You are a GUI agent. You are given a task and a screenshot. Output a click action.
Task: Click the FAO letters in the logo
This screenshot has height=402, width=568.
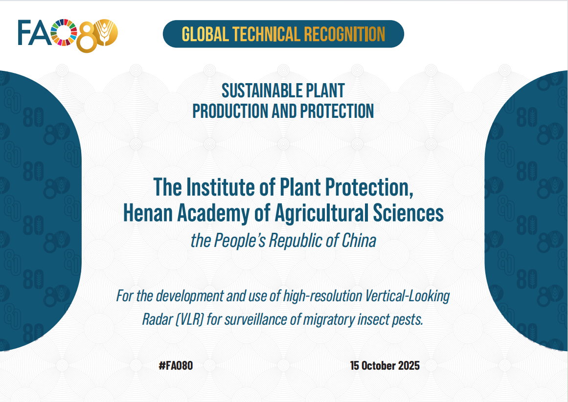(x=34, y=33)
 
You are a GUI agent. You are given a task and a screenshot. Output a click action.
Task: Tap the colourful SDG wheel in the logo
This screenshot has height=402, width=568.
(x=64, y=33)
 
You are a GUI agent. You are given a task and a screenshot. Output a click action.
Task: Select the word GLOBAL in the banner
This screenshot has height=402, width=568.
(x=205, y=34)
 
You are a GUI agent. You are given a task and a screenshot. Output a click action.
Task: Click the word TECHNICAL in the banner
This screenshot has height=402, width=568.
(x=266, y=34)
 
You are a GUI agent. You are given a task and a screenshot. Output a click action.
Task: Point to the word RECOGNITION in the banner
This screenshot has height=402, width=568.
(x=344, y=34)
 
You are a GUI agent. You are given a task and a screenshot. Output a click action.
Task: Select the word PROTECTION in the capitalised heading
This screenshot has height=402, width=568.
(x=337, y=111)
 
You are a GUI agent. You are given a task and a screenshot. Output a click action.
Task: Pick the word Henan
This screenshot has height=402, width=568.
(x=148, y=213)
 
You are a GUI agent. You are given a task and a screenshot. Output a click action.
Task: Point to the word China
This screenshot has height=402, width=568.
(x=359, y=241)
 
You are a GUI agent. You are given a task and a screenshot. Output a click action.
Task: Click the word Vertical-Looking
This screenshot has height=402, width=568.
(x=407, y=296)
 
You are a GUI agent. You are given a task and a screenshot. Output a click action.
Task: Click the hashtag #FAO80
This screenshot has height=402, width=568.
(x=176, y=365)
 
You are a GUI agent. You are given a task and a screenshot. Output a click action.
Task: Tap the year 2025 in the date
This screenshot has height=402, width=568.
(x=409, y=365)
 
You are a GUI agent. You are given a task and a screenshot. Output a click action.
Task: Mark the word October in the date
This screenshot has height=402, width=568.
(x=379, y=365)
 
